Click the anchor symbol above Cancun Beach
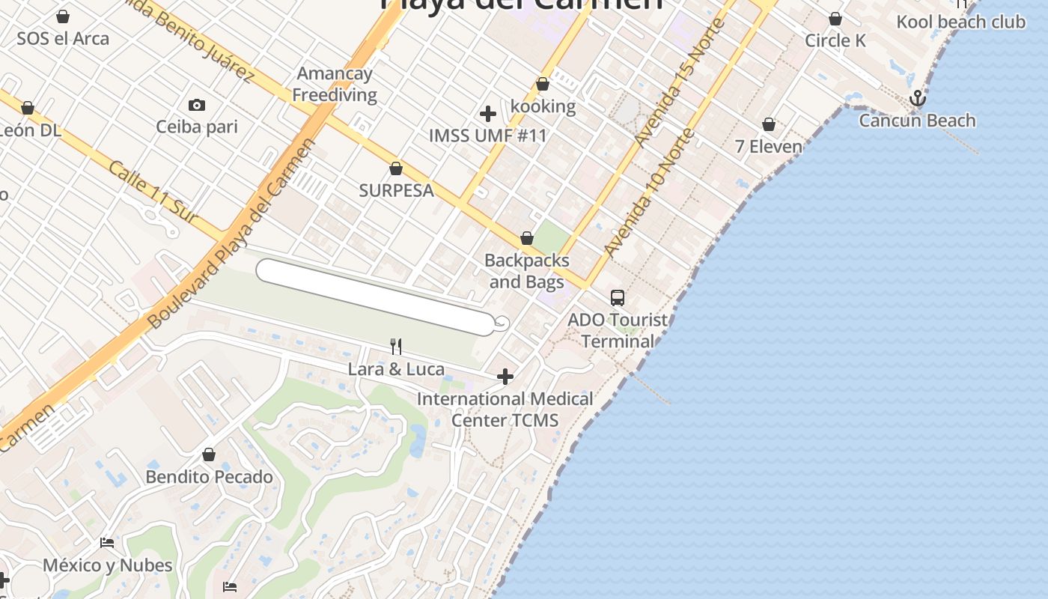[x=917, y=98]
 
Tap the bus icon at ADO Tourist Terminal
[x=618, y=298]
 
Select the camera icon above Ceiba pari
[x=197, y=105]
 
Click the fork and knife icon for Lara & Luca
[x=396, y=346]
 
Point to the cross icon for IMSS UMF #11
[x=488, y=114]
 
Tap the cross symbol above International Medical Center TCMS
[x=505, y=376]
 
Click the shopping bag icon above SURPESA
[x=396, y=168]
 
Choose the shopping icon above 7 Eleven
[x=769, y=124]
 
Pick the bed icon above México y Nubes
[x=107, y=543]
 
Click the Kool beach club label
[x=961, y=22]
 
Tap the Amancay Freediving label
[x=335, y=85]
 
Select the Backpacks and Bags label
[x=527, y=271]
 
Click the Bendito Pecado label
[x=209, y=477]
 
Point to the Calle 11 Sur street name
[x=153, y=192]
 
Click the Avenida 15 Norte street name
[x=680, y=82]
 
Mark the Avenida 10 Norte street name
[x=649, y=193]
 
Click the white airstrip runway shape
[x=374, y=297]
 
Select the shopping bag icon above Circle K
[x=835, y=19]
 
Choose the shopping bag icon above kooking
[x=543, y=85]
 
